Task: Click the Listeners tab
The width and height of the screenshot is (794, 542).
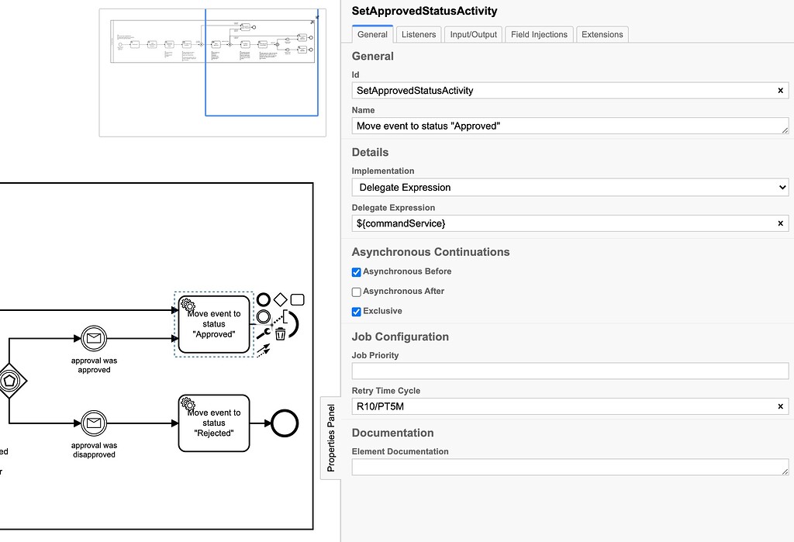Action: click(x=419, y=34)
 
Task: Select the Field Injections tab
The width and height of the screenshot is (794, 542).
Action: click(x=540, y=34)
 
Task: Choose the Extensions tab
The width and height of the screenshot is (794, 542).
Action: click(x=602, y=34)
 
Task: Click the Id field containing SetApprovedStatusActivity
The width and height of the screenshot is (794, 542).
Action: click(x=562, y=91)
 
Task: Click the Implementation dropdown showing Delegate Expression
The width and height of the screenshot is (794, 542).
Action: click(x=570, y=187)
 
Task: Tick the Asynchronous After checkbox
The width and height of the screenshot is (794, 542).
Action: click(x=357, y=292)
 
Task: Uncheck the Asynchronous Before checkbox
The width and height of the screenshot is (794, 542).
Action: click(x=357, y=272)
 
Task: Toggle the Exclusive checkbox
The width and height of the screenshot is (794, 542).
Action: click(x=357, y=312)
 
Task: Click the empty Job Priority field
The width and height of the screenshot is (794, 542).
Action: click(x=570, y=371)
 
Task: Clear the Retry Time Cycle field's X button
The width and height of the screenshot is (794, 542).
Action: click(x=781, y=406)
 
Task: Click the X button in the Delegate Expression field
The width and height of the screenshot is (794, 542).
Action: click(x=781, y=223)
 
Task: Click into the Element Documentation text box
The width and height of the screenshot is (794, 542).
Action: click(x=570, y=467)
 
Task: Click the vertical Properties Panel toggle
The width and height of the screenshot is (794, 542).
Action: click(x=331, y=437)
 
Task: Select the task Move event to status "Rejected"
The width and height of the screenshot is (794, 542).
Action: click(x=214, y=423)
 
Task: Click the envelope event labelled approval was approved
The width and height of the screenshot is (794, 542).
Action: click(x=94, y=338)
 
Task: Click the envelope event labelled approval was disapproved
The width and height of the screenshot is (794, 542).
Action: click(x=94, y=423)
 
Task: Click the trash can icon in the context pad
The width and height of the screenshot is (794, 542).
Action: click(x=281, y=333)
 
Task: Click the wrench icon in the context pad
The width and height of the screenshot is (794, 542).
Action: click(x=263, y=333)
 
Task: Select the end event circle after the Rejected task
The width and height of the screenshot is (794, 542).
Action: click(x=285, y=423)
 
